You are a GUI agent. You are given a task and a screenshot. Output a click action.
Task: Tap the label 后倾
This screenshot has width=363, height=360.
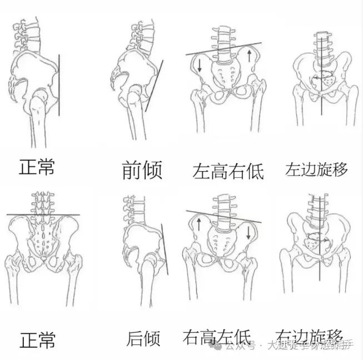click(x=143, y=338)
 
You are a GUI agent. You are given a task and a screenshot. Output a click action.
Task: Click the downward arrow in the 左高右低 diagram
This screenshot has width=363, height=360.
click(x=199, y=64)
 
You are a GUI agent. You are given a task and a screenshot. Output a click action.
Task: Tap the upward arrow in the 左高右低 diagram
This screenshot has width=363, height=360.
click(x=250, y=55)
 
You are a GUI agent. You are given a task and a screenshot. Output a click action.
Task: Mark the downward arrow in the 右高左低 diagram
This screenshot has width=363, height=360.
click(x=248, y=231)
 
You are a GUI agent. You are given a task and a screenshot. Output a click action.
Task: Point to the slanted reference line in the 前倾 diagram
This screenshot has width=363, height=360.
click(x=155, y=86)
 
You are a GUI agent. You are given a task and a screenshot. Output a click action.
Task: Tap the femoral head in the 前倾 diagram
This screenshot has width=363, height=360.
click(x=136, y=95)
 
